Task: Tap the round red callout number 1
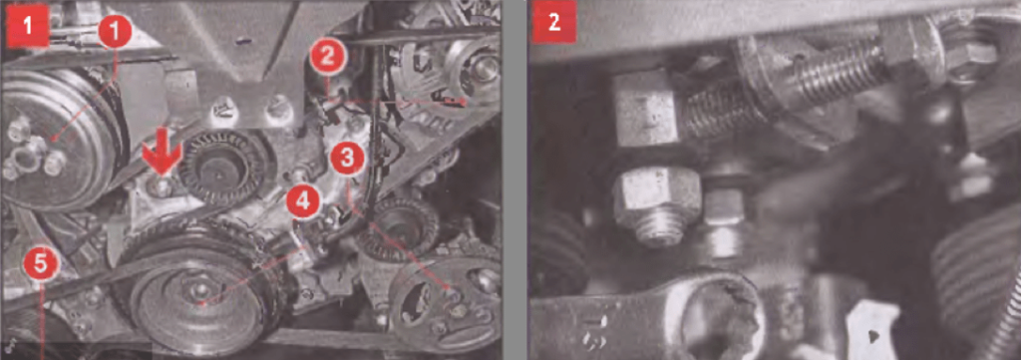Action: pyautogui.click(x=116, y=33)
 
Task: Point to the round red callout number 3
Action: pyautogui.click(x=347, y=159)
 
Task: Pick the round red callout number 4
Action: pyautogui.click(x=301, y=201)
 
